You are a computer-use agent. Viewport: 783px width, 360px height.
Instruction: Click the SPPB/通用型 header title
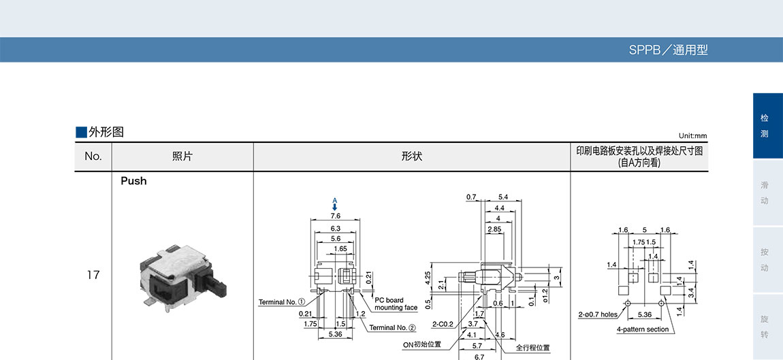coord(668,50)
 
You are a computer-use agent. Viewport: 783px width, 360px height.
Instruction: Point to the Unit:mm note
coord(692,136)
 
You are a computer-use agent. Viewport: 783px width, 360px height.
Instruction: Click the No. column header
coord(93,157)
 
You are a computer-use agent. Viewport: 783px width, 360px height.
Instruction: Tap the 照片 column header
coord(182,157)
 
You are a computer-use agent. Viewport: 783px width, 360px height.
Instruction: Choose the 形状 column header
coord(412,157)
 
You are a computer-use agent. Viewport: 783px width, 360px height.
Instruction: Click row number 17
coord(93,275)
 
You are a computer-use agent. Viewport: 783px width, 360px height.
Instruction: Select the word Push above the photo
coord(133,181)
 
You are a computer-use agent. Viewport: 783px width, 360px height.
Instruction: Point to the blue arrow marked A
coord(335,206)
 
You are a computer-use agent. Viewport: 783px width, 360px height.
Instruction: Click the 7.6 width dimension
coord(335,216)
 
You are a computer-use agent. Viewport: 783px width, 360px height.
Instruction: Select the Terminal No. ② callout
coord(393,328)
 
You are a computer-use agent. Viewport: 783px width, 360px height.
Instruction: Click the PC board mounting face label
coord(396,304)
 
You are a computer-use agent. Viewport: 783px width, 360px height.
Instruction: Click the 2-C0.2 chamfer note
coord(444,325)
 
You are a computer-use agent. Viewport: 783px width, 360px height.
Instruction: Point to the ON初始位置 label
coord(422,344)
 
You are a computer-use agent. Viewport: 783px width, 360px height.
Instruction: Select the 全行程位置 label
coord(532,348)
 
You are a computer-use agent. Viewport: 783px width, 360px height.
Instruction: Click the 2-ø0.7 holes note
coord(597,314)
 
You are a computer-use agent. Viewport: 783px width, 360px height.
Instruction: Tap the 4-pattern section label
coord(643,329)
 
